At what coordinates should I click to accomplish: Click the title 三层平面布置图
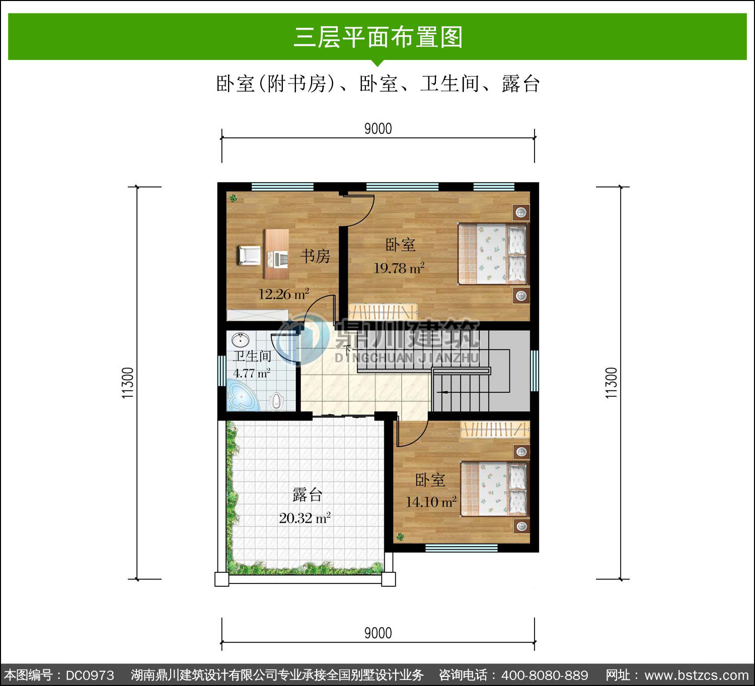tap(378, 37)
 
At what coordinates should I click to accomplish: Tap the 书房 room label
tap(316, 256)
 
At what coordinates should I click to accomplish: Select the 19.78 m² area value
tap(399, 268)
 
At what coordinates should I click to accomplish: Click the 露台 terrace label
tap(307, 495)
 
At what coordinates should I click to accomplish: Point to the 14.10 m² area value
tap(431, 502)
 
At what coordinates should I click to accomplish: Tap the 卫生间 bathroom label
tap(252, 356)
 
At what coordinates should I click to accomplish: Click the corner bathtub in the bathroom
tap(243, 395)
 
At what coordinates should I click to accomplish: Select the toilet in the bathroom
tap(277, 401)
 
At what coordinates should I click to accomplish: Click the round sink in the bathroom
tap(241, 340)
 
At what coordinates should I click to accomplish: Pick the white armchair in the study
tap(249, 255)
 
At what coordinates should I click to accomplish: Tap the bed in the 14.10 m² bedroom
tap(495, 489)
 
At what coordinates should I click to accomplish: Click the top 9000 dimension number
tap(378, 129)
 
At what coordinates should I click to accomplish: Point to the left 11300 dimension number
tap(128, 383)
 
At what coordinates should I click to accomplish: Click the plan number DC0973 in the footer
tap(90, 675)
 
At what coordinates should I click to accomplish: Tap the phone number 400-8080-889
tap(545, 675)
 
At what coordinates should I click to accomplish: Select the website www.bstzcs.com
tap(697, 675)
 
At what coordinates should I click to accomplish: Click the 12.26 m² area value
tap(284, 294)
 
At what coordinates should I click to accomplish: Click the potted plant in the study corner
tap(234, 198)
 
